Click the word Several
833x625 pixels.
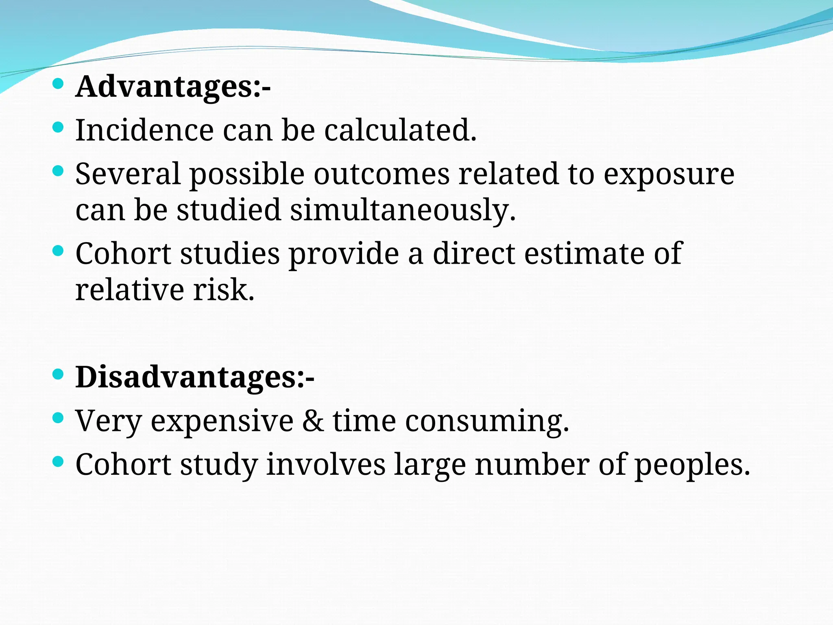tap(128, 174)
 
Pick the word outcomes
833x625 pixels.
tap(382, 174)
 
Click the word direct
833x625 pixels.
tap(474, 253)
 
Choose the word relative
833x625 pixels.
tap(130, 290)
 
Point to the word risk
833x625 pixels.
tap(224, 290)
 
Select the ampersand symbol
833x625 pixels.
tap(313, 421)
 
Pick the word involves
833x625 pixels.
tap(326, 464)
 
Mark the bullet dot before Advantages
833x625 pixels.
tap(59, 84)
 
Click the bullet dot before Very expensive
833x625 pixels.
tap(59, 417)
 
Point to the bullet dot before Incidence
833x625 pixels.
tap(59, 127)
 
